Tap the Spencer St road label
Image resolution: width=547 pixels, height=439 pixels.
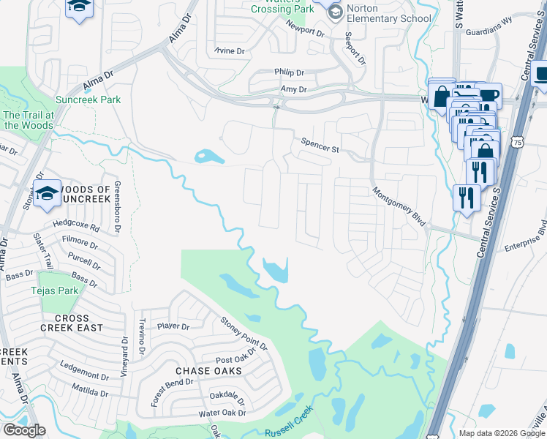tap(321, 145)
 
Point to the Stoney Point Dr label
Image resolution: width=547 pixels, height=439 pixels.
tap(244, 333)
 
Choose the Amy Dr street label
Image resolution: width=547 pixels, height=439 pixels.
tap(293, 89)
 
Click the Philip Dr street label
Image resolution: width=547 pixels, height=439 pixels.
tap(289, 72)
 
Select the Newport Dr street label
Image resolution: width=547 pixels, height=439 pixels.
tap(305, 31)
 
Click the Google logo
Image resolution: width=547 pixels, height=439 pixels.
tap(24, 430)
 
